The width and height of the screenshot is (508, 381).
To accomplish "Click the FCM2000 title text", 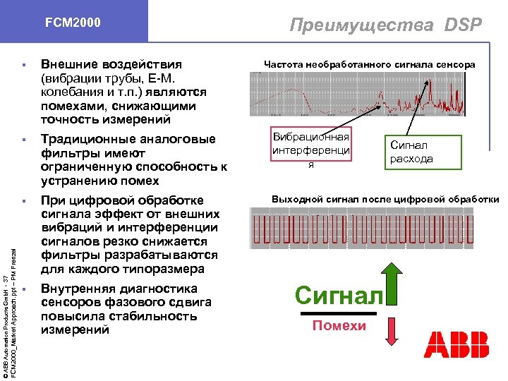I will point(73,23).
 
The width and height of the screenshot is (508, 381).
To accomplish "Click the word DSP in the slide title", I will point(463,25).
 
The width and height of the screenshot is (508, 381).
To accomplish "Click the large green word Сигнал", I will point(339,294).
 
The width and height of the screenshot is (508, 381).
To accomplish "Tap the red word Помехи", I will point(339,325).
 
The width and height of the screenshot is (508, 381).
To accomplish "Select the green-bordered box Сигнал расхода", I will point(412,152).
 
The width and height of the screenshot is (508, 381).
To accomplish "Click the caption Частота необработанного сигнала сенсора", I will point(369,65).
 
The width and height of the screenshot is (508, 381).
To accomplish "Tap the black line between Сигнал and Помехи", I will point(341,312).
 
